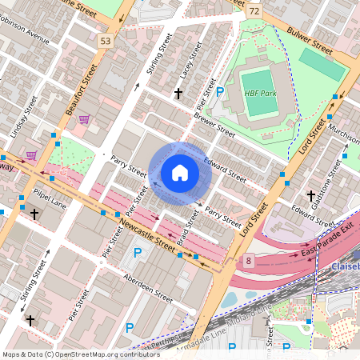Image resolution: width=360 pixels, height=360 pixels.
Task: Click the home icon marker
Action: click(180, 172)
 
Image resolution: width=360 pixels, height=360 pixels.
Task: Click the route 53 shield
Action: click(106, 39)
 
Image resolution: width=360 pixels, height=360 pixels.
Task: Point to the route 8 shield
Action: click(250, 261)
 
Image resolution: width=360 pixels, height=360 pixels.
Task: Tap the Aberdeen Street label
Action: click(148, 286)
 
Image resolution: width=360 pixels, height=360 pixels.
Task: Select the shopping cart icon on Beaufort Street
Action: click(84, 119)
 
